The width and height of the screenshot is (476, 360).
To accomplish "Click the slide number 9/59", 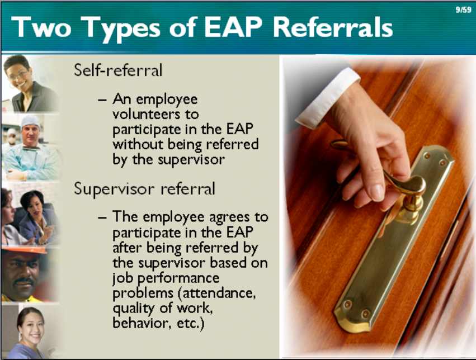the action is coord(463,10).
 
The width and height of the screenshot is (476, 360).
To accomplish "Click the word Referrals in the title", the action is coord(333,27).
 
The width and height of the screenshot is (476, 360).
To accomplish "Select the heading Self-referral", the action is coord(118,70).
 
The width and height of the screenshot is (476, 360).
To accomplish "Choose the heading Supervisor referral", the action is coord(144,189).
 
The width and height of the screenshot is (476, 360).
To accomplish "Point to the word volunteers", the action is coord(155,115).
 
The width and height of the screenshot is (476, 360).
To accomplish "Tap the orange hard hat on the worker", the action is coord(24,250).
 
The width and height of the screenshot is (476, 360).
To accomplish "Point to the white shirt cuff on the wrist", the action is coord(328,97).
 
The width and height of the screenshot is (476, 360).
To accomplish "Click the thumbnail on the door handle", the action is coord(378,192).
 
